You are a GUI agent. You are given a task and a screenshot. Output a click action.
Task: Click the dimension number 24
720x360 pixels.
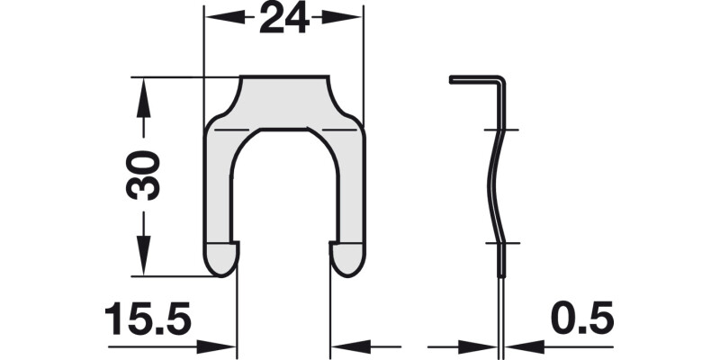click(x=283, y=18)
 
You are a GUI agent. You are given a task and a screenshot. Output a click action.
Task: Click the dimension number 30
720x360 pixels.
click(x=144, y=175)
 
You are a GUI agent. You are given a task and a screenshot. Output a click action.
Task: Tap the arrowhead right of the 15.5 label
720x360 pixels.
click(x=225, y=346)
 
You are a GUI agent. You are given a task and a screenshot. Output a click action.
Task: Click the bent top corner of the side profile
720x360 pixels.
click(x=501, y=83)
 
